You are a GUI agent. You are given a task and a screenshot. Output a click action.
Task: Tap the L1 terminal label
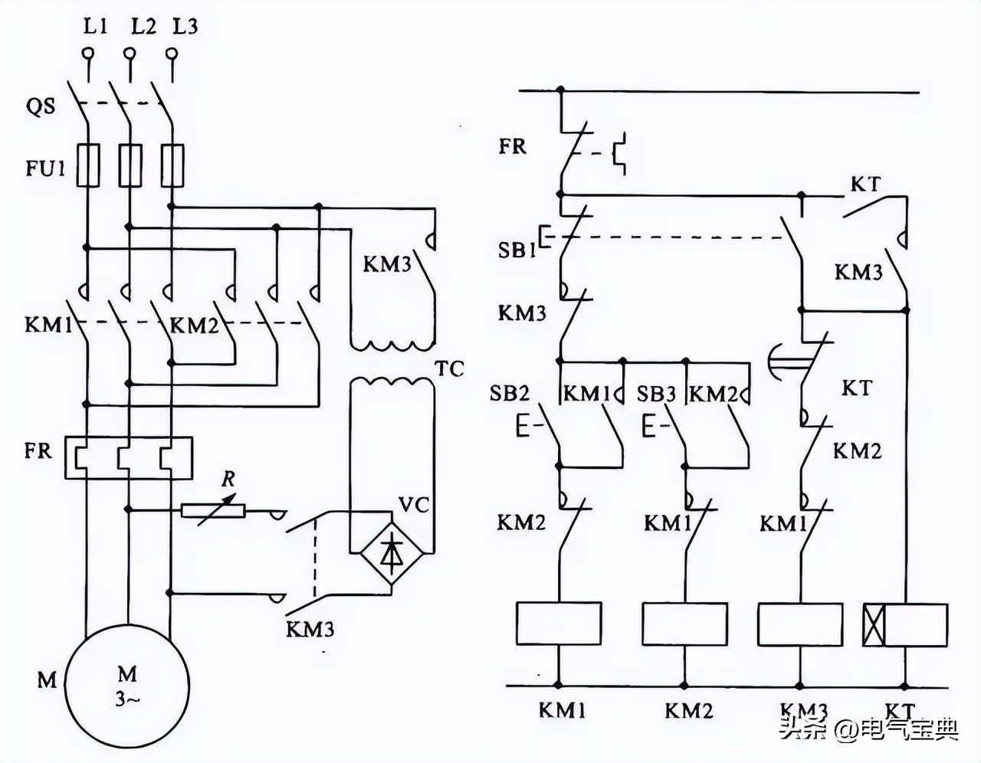click(95, 27)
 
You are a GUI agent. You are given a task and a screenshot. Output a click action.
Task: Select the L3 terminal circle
click(172, 54)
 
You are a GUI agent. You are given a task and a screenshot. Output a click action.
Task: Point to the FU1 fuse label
click(46, 168)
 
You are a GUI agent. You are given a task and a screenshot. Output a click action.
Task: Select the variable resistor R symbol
click(212, 509)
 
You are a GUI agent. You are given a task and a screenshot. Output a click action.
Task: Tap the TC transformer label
click(451, 368)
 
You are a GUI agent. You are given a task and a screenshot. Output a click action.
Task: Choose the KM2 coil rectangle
click(684, 624)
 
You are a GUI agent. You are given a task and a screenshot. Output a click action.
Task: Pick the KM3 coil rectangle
click(800, 624)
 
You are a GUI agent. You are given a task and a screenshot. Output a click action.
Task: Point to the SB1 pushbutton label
click(517, 250)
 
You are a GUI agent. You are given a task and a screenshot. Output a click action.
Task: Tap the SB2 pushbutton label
click(509, 394)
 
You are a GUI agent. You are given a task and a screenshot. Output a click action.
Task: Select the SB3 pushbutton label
click(657, 394)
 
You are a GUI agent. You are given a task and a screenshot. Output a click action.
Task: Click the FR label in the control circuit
click(513, 146)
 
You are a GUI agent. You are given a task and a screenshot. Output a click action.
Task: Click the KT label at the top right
click(865, 185)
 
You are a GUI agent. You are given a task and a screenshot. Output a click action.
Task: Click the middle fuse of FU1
click(130, 165)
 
